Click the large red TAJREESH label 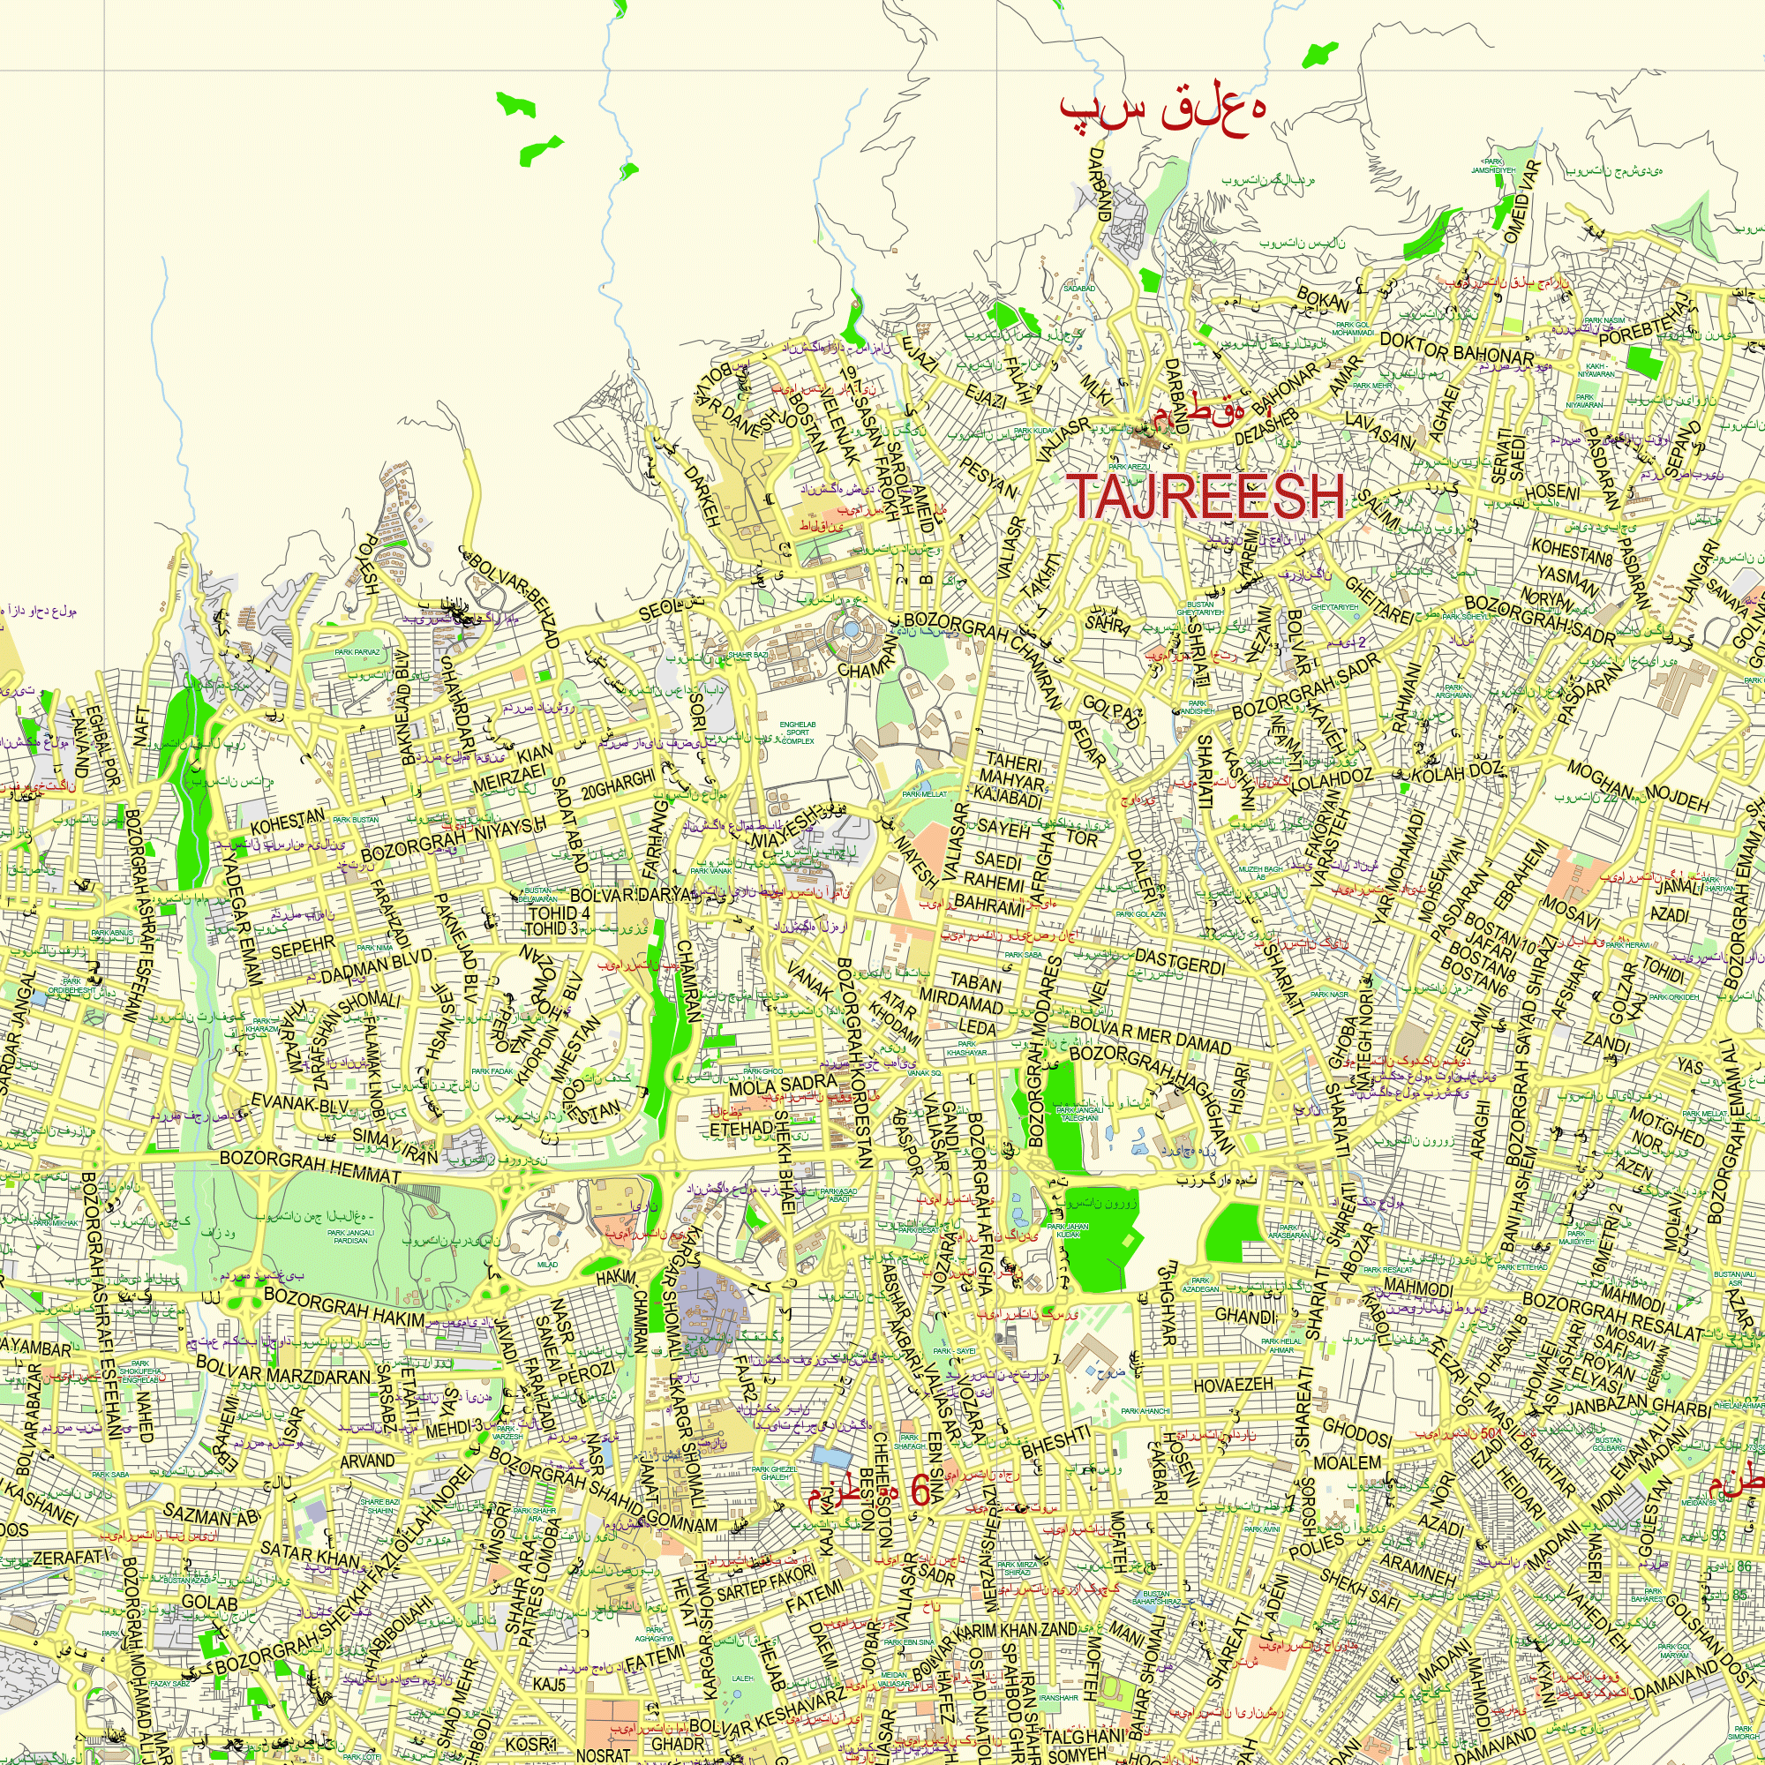1205,497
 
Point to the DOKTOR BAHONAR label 1456,347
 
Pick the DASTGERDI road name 1180,962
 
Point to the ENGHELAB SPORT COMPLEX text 798,732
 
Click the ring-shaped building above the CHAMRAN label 851,631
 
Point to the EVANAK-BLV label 299,1105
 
